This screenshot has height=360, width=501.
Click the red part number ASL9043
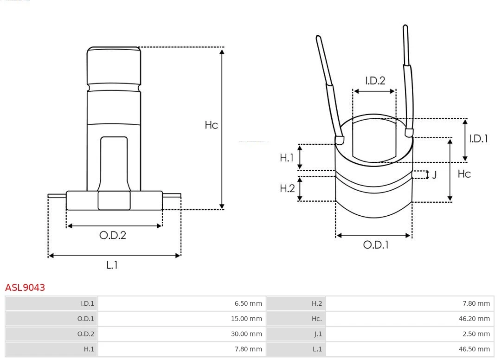point(25,288)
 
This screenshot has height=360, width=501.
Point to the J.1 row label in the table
point(318,334)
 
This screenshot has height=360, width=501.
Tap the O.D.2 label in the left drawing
point(113,235)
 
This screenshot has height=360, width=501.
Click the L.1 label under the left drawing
point(112,265)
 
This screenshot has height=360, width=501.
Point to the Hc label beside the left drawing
point(211,125)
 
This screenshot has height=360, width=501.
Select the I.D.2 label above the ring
point(375,81)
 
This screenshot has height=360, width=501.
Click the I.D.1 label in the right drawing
point(478,138)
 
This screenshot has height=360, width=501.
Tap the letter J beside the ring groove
point(434,175)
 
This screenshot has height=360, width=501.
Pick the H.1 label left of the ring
point(287,158)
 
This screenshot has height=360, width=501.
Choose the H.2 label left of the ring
point(287,188)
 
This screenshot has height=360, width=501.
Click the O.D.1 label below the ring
point(375,245)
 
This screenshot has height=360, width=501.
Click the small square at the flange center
point(114,200)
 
